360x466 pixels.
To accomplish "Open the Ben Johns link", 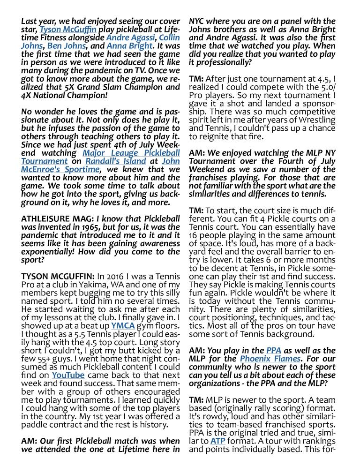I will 66,46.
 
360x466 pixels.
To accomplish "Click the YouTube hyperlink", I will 68,375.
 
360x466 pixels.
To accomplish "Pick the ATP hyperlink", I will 218,441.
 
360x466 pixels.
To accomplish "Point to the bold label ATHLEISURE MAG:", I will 58,218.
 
